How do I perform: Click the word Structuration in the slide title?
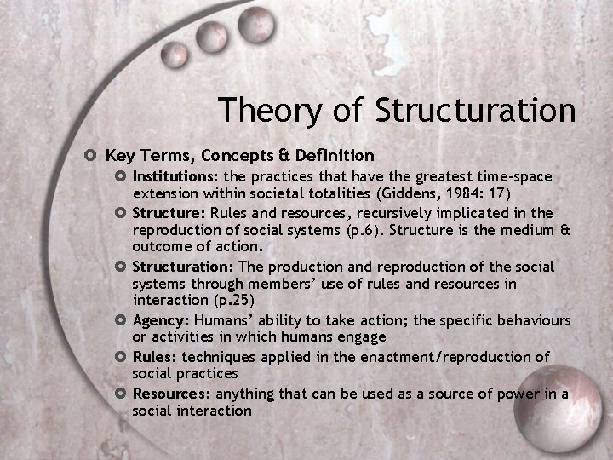tap(475, 110)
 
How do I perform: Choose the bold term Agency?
tap(161, 320)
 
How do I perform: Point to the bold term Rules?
tap(155, 356)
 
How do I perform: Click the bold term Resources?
tap(172, 393)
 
